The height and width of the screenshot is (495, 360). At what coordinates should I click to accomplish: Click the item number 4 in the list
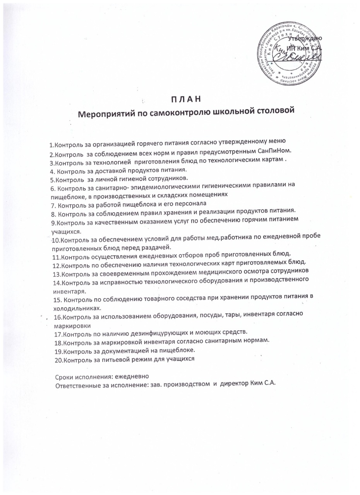click(52, 171)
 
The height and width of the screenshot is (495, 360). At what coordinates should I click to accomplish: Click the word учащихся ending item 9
click(66, 232)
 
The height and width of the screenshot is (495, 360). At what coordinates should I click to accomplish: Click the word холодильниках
click(77, 308)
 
